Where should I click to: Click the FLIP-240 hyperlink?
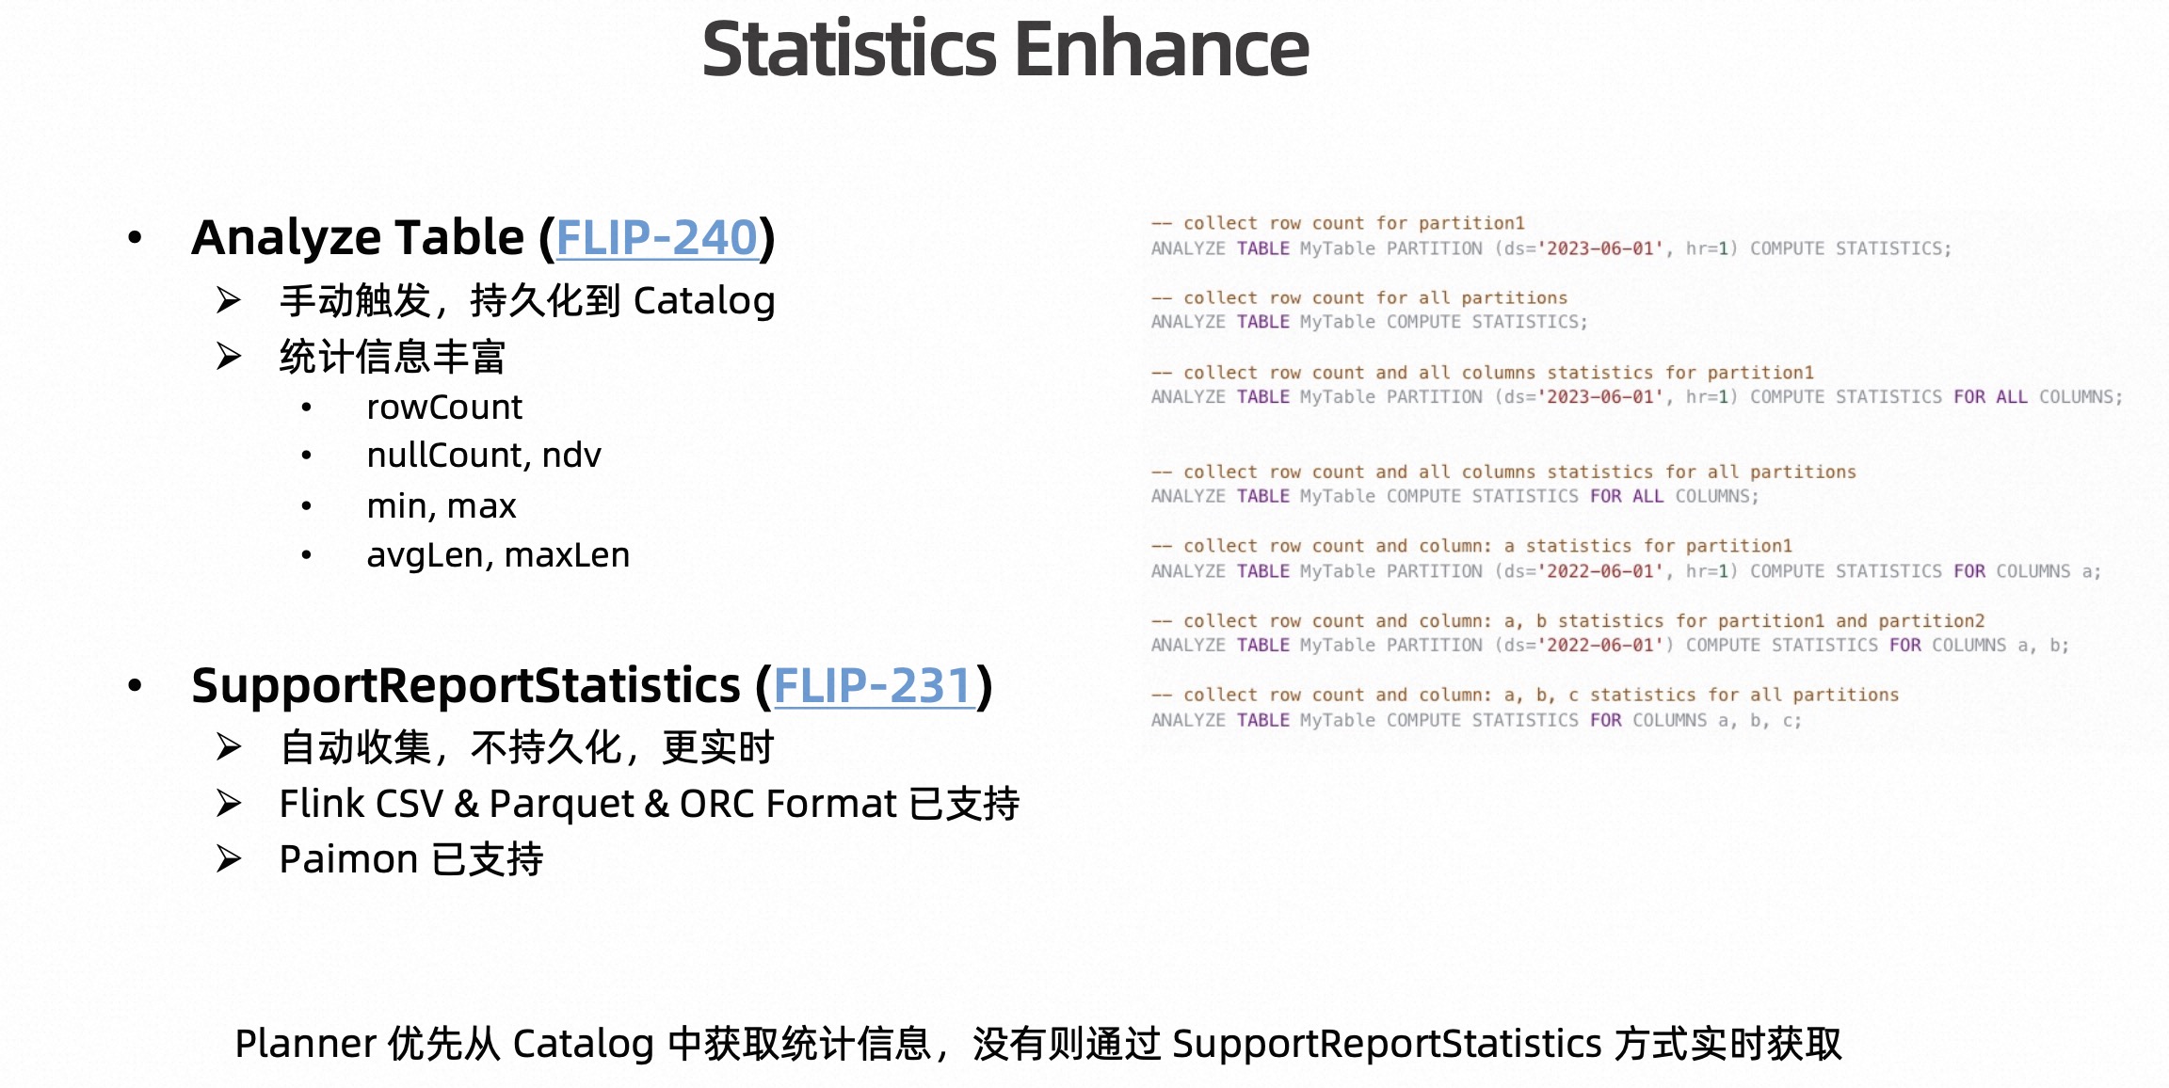[x=656, y=237]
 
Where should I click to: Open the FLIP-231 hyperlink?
[x=873, y=685]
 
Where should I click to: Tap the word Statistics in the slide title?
[x=848, y=49]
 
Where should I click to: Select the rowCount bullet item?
[x=443, y=408]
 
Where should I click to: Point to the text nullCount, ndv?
[x=483, y=456]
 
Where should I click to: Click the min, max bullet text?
[x=441, y=506]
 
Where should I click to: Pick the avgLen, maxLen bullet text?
[x=497, y=555]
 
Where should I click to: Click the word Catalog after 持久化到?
[x=703, y=301]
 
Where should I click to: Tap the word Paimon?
[x=348, y=859]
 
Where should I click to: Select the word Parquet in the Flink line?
[x=561, y=804]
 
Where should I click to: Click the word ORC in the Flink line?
[x=716, y=804]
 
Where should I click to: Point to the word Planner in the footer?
[x=306, y=1044]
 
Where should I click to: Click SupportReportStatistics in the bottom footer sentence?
[x=1386, y=1044]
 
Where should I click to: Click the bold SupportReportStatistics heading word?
[x=465, y=685]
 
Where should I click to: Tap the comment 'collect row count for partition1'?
[x=1353, y=223]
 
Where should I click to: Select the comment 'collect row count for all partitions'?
[x=1374, y=297]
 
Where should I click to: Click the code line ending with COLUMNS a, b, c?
[x=1475, y=720]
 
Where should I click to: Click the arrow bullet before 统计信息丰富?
[x=228, y=357]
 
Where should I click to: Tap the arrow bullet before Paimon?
[x=228, y=859]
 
